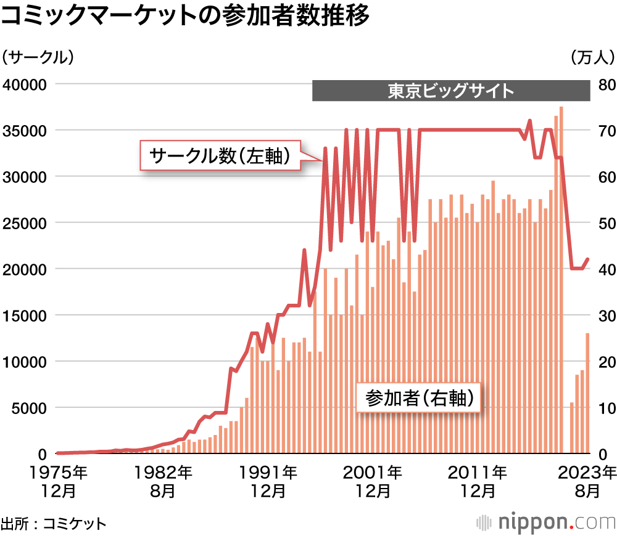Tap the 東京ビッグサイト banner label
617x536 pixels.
coord(451,91)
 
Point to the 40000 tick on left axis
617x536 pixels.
coord(26,84)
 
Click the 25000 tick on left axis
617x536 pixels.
coord(26,222)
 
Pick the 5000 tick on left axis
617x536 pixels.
coord(30,408)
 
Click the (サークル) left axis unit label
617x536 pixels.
coord(38,57)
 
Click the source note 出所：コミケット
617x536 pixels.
coord(54,523)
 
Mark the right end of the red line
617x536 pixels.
coord(587,259)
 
